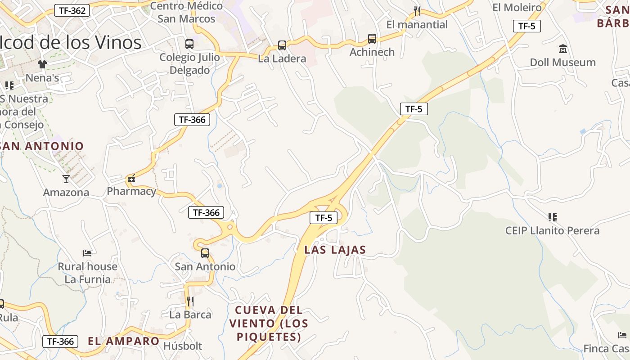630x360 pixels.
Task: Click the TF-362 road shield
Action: point(72,11)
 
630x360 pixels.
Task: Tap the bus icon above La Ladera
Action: point(282,45)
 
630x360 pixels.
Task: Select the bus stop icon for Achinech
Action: point(372,39)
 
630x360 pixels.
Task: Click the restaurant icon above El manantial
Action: point(417,11)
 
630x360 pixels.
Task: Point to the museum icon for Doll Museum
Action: point(562,49)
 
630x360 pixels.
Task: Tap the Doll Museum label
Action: point(562,62)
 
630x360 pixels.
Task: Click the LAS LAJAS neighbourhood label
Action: point(335,250)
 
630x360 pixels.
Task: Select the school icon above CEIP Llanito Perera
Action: point(553,217)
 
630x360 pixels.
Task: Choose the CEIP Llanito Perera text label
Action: point(552,231)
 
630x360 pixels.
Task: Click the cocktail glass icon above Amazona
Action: point(66,179)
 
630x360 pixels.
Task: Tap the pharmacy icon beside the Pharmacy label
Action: point(131,179)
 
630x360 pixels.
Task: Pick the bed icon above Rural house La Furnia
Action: point(87,253)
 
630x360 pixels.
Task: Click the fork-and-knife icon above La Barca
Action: point(190,301)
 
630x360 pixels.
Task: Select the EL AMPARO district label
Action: point(124,341)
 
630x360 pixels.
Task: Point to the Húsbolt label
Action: point(183,346)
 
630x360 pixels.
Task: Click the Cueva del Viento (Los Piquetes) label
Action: point(269,323)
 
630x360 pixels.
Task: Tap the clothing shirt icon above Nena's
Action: point(42,64)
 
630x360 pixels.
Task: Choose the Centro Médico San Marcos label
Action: point(186,12)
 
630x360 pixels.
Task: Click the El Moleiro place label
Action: point(517,7)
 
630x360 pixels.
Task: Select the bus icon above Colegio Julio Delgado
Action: point(189,44)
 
